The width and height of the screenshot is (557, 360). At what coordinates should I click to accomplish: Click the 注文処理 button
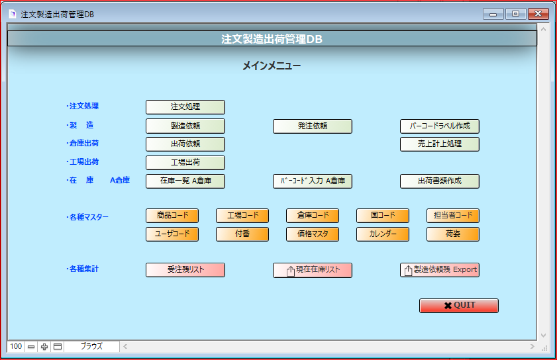(x=185, y=107)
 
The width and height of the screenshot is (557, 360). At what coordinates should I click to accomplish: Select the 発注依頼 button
(x=312, y=126)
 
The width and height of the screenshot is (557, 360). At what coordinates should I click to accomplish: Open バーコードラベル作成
(x=439, y=126)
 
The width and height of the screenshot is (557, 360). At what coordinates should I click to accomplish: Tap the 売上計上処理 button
(x=439, y=144)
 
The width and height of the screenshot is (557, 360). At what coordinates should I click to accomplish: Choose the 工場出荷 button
(x=185, y=163)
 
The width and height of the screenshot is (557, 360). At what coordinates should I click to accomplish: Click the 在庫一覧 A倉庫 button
(x=185, y=181)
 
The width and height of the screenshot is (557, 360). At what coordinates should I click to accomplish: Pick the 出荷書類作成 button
(x=439, y=181)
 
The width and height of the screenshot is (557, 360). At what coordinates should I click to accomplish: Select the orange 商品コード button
(x=172, y=216)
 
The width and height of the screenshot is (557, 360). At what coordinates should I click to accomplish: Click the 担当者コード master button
(x=452, y=216)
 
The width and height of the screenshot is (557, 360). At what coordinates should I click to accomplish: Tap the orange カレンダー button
(x=383, y=234)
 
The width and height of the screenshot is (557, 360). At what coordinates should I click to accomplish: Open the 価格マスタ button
(x=312, y=234)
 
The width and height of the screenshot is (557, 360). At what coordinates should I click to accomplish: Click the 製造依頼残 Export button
(x=439, y=270)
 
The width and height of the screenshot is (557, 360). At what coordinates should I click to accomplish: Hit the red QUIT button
(x=458, y=306)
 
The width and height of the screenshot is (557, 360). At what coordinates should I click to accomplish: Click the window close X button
(x=538, y=14)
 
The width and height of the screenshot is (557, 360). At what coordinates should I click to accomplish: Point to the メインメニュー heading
(x=272, y=66)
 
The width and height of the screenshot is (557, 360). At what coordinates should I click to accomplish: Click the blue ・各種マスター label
(x=87, y=217)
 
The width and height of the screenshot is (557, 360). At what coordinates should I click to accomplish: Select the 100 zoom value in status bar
(x=16, y=346)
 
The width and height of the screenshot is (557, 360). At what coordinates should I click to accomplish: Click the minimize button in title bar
(x=493, y=14)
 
